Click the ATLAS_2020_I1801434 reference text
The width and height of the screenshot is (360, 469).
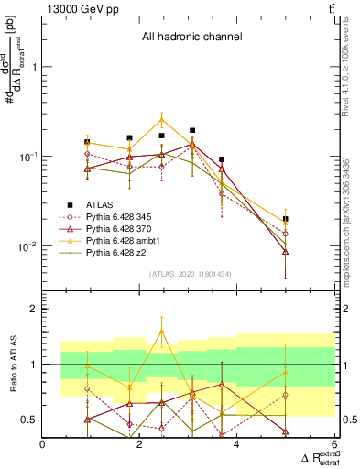click(x=190, y=275)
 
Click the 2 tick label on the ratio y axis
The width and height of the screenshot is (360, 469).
click(x=34, y=309)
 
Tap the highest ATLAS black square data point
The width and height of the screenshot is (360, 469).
click(x=192, y=131)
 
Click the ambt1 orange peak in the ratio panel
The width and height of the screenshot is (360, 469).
click(x=162, y=332)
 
